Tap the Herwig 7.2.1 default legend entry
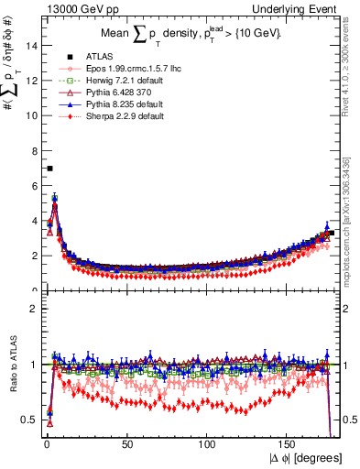[117, 81]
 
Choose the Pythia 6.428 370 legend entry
[111, 93]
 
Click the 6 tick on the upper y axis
[34, 186]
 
